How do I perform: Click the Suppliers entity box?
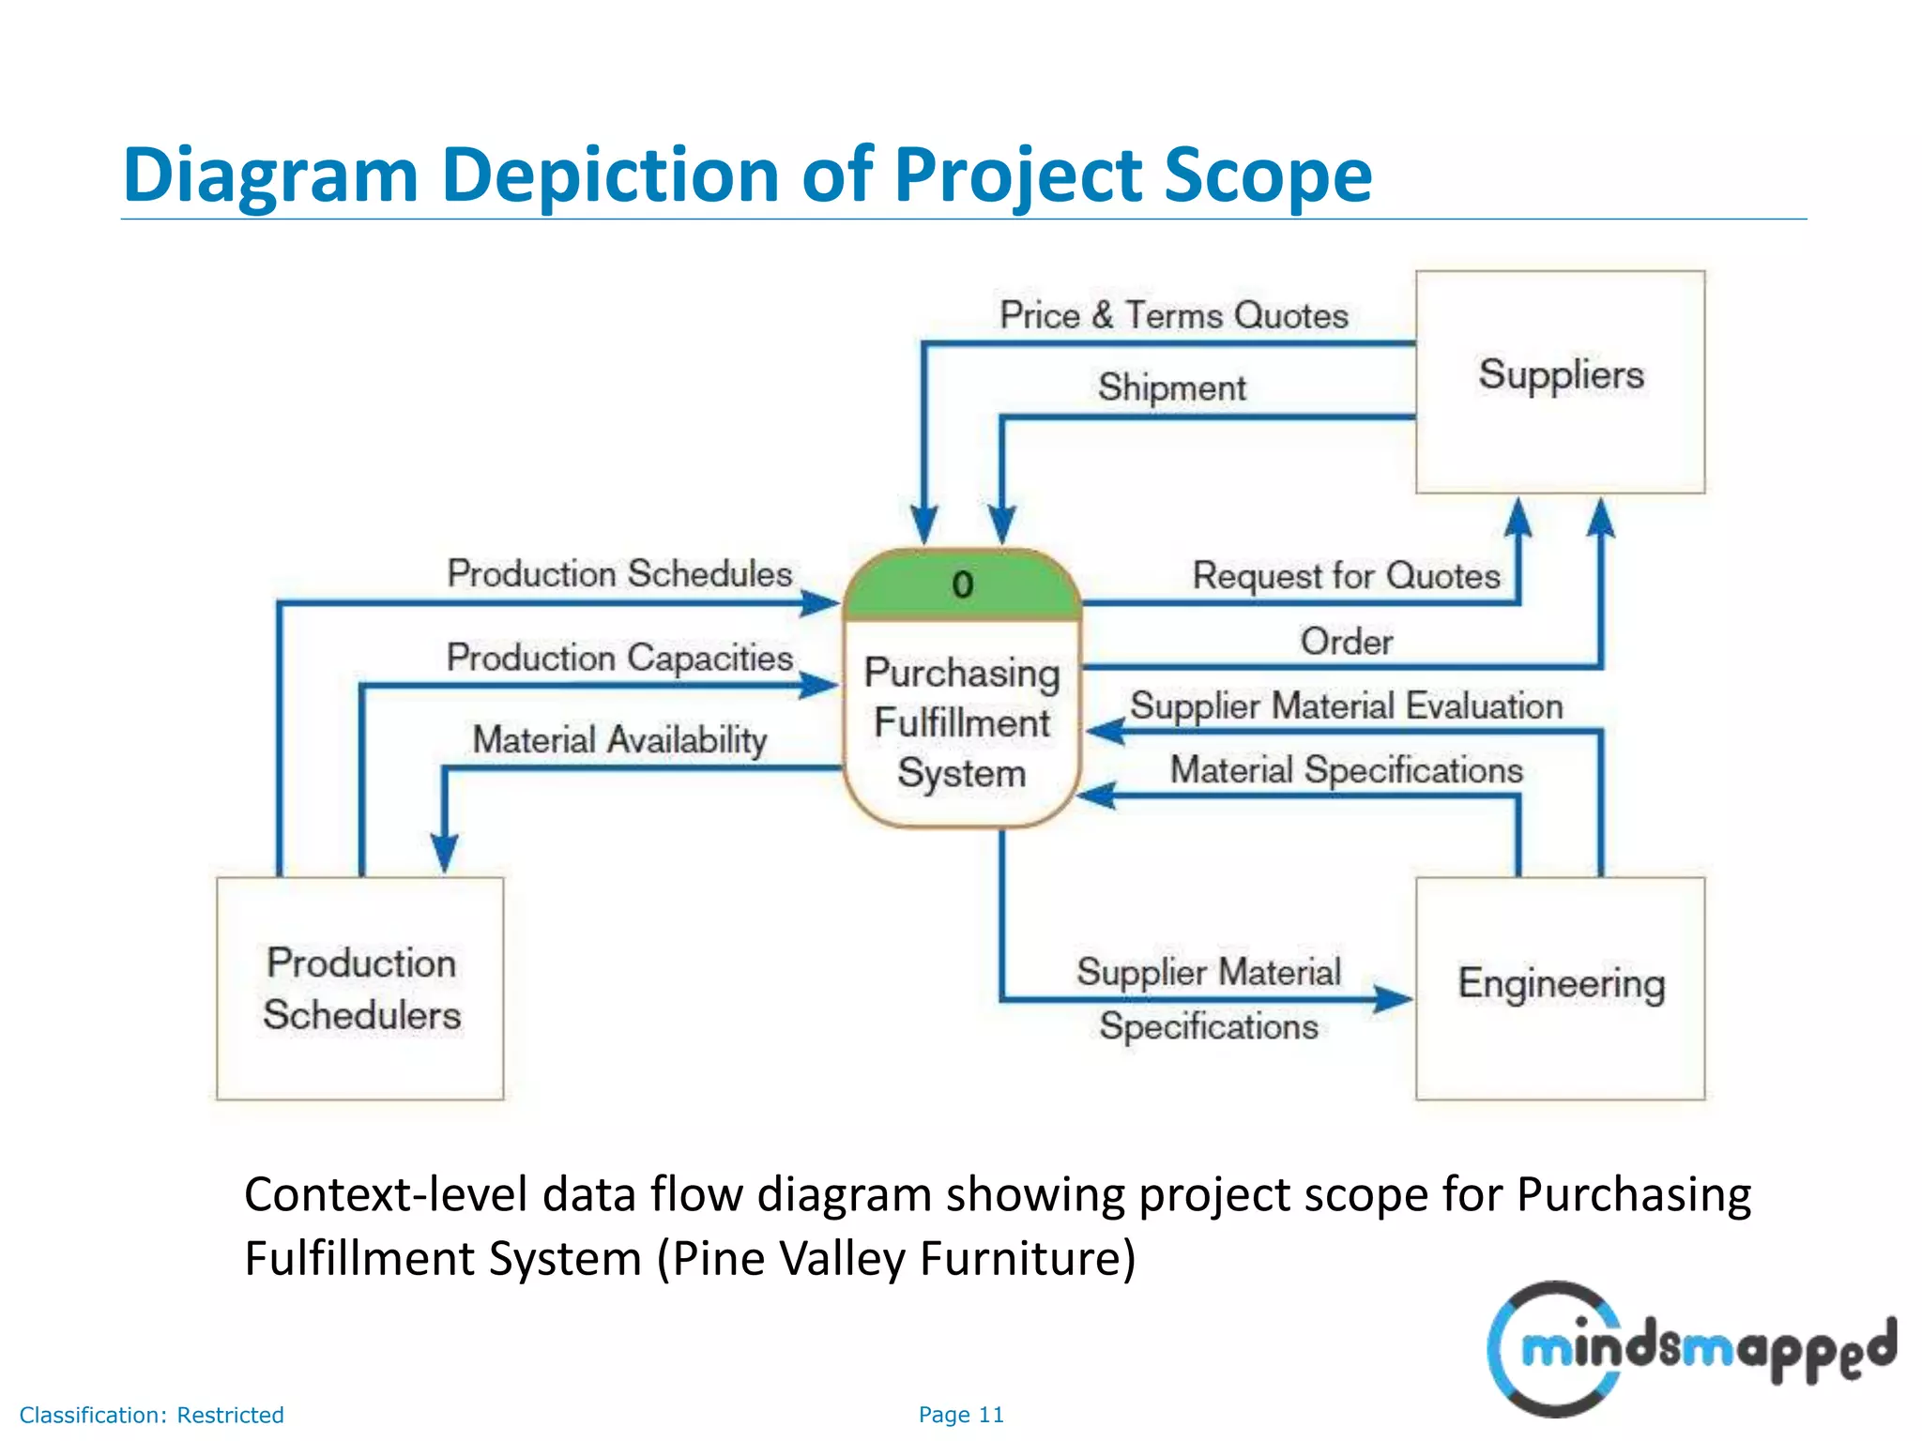pos(1560,382)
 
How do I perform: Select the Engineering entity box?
pos(1560,987)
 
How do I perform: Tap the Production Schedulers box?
pos(360,989)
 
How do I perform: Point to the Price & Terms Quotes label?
pos(1173,315)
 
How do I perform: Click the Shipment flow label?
pos(1171,387)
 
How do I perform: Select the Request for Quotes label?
pos(1346,576)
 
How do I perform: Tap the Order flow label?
pos(1346,643)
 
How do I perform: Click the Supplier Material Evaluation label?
pos(1346,706)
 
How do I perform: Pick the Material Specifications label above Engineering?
pos(1346,770)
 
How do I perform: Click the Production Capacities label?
pos(619,658)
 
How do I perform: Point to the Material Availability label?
pos(619,740)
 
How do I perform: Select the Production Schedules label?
pos(619,574)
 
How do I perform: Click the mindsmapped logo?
pos(1689,1349)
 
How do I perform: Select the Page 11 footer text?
pos(961,1415)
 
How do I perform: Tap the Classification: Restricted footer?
pos(151,1415)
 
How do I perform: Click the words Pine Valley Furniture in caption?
pos(896,1259)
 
